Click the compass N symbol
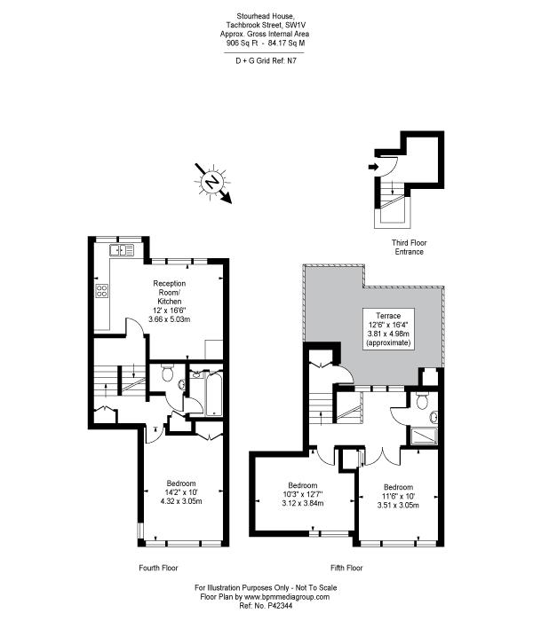tap(213, 183)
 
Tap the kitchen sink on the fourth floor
tap(122, 250)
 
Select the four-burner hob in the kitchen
tap(101, 291)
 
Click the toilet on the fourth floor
tap(167, 373)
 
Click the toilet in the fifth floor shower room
tap(422, 401)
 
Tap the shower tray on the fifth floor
tap(425, 436)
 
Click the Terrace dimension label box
tap(388, 329)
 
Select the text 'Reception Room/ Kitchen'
tap(170, 292)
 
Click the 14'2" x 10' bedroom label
tap(181, 492)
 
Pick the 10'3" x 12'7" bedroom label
tap(303, 494)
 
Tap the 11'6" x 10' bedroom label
tap(398, 496)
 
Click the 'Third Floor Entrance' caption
tap(409, 248)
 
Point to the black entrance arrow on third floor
tap(373, 167)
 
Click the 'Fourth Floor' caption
tap(158, 568)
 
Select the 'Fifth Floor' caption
tap(346, 568)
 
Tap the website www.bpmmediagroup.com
tap(287, 597)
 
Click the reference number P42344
tap(281, 606)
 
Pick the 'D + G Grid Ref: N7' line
tap(266, 61)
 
